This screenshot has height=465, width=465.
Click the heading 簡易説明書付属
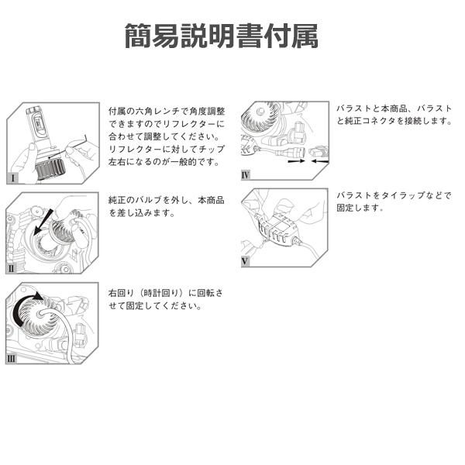click(221, 36)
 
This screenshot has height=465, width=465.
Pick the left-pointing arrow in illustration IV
click(320, 161)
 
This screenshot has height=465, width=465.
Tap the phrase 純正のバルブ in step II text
click(137, 199)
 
